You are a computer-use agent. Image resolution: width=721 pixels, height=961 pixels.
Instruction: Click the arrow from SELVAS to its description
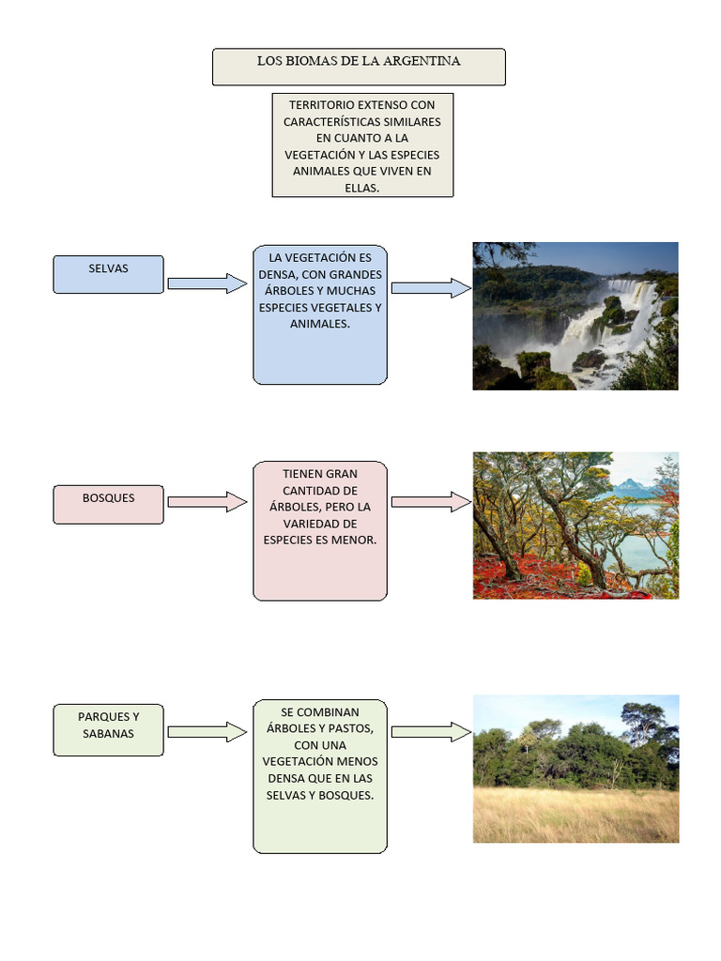pos(207,282)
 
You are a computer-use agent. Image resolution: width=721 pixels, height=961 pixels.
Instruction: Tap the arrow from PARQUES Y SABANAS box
pos(207,731)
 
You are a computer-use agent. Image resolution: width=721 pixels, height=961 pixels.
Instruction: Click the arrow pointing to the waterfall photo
pos(431,288)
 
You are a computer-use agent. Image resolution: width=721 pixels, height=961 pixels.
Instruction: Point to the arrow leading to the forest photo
pos(431,502)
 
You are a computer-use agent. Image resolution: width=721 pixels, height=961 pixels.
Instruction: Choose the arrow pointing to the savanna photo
pos(431,731)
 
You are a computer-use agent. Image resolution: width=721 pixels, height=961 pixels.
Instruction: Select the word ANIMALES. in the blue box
pos(320,324)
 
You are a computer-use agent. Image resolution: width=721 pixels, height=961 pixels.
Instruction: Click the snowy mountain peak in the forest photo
pos(628,484)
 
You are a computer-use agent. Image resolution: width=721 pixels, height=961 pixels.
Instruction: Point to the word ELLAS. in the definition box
pos(362,188)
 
